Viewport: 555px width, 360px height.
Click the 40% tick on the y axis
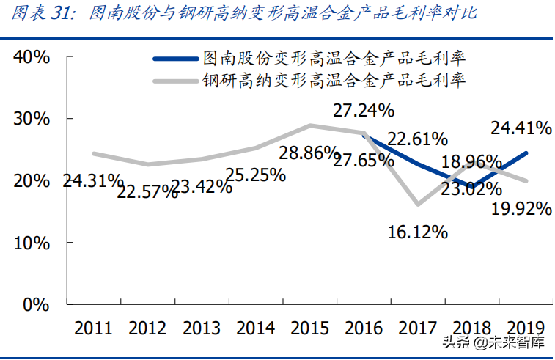31,57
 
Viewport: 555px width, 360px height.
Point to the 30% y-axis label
31,119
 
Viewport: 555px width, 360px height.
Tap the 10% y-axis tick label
31,242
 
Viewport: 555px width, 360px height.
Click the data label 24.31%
92,180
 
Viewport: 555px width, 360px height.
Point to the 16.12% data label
419,232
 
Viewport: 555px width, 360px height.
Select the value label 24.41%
521,129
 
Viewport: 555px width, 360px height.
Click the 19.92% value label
521,210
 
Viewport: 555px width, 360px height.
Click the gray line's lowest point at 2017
417,204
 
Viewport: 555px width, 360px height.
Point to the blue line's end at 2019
526,153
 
